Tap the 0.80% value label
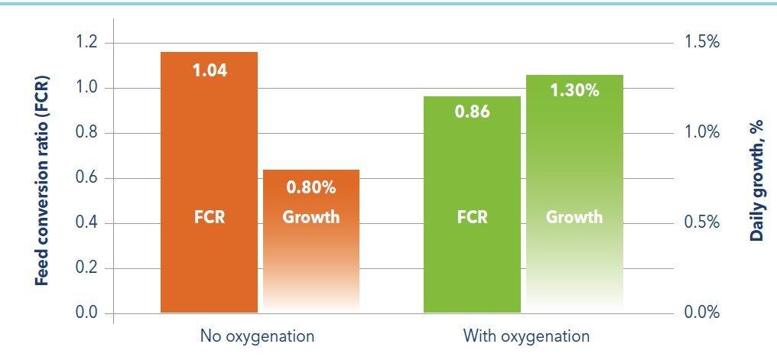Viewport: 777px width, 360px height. click(310, 187)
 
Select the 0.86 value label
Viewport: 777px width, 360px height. click(471, 113)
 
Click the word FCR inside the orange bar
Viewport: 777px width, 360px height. click(209, 217)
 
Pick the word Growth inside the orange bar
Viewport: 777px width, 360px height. click(310, 217)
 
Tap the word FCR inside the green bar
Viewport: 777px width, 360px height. click(472, 217)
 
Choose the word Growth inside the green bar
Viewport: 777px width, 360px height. click(574, 217)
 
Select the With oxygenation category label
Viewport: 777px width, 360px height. click(526, 336)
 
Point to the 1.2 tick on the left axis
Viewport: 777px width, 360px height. click(87, 43)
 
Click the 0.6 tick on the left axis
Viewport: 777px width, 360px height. click(87, 178)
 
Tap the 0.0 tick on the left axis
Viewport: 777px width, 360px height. click(87, 313)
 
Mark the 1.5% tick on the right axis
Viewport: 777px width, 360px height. click(701, 42)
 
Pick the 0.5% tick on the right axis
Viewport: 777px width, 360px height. click(701, 222)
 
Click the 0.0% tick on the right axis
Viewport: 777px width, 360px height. click(701, 313)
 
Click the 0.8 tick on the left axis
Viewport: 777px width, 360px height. click(87, 133)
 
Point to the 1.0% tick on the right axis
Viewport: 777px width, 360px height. click(701, 132)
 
